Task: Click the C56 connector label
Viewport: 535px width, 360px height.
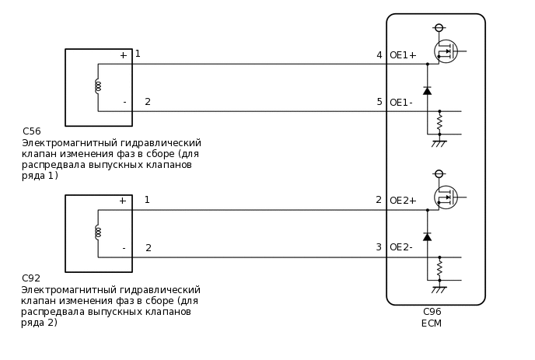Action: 32,131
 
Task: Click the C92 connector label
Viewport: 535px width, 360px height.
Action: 31,278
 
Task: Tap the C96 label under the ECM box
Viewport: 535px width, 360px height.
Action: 432,312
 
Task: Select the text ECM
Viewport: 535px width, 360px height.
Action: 432,323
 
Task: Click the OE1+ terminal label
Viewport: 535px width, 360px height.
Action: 403,55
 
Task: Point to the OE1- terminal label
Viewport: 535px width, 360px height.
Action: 400,103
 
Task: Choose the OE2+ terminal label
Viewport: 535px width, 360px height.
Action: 403,201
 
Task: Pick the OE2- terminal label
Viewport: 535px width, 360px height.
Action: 400,247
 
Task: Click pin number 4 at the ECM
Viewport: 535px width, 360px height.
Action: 379,55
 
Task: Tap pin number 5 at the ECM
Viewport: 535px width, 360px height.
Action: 379,102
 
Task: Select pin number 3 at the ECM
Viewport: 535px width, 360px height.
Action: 379,247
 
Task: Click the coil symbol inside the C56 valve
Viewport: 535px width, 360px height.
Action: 98,86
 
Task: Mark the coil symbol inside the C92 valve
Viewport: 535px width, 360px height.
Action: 98,232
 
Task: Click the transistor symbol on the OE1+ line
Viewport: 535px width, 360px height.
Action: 446,51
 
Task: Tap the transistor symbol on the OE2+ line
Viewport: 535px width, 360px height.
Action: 446,197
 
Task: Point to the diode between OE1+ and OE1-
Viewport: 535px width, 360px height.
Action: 427,91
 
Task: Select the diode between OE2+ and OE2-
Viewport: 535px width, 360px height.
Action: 427,236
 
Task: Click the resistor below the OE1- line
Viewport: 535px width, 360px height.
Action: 439,122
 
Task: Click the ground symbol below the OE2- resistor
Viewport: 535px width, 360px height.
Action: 439,289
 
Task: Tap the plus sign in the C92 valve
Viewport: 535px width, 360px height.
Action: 122,201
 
